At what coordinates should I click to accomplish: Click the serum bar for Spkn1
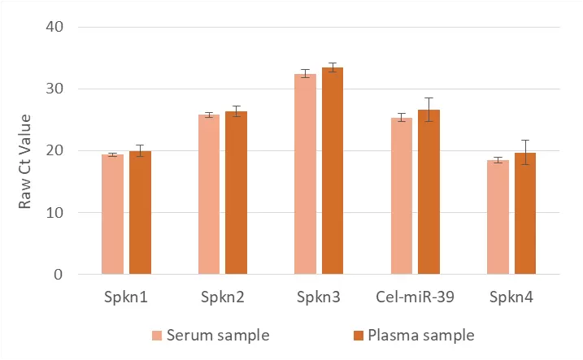(113, 215)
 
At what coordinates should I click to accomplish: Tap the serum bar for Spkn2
(209, 195)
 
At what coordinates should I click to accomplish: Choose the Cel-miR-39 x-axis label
(415, 297)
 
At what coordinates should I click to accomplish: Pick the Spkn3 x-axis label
(319, 297)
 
